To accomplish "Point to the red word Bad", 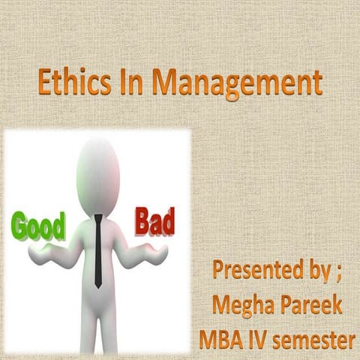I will [x=155, y=222].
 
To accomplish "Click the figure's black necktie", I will [x=98, y=251].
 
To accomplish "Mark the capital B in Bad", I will [x=142, y=222].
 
